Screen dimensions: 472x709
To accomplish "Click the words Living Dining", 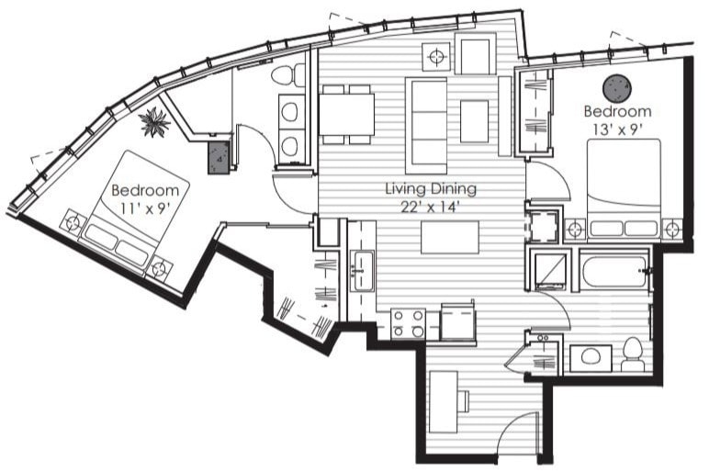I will [430, 189].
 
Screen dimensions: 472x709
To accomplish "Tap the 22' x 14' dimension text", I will [430, 207].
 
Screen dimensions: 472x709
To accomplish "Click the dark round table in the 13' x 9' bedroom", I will [616, 87].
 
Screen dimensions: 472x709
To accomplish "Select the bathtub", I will [614, 274].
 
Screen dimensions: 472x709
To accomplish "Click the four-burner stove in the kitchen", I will [409, 323].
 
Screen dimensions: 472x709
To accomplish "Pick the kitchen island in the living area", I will [449, 238].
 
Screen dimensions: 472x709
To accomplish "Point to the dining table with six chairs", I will [346, 115].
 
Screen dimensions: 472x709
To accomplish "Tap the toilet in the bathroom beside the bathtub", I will [632, 354].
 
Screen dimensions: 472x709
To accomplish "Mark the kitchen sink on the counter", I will [363, 270].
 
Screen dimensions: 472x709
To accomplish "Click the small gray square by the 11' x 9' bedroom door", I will [219, 157].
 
